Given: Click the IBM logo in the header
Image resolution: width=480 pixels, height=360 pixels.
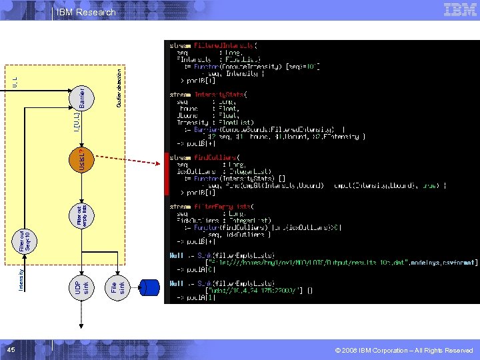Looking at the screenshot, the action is click(460, 10).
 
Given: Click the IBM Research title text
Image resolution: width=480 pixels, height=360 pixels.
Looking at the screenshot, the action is click(86, 12).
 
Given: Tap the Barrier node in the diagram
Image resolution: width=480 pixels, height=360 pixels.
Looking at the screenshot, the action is click(80, 97).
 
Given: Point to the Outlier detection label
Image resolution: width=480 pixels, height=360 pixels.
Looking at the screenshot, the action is click(119, 87).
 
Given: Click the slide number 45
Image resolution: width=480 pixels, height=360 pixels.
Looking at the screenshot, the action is click(11, 350).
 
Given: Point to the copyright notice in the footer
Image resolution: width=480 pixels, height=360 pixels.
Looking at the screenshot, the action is click(404, 351).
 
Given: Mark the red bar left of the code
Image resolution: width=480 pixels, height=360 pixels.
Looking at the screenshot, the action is click(167, 173).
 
